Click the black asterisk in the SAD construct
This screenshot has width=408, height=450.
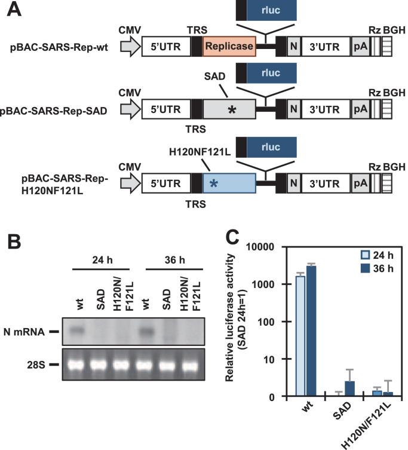[x=229, y=111]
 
